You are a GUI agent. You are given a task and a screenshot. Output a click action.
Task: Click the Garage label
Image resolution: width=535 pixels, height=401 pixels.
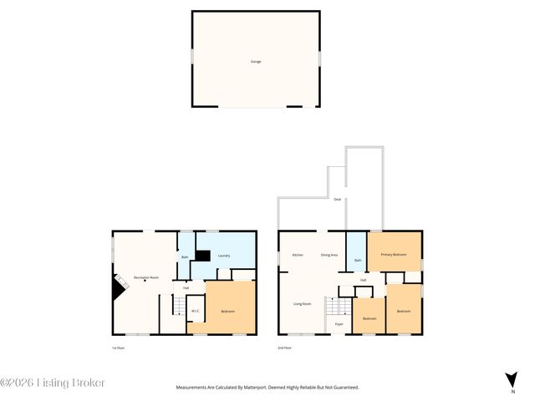pyautogui.click(x=255, y=61)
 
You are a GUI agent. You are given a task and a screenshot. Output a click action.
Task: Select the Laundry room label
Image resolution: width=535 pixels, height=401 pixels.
pyautogui.click(x=224, y=256)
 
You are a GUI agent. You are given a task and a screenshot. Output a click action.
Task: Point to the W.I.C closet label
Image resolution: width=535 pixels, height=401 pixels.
pyautogui.click(x=194, y=312)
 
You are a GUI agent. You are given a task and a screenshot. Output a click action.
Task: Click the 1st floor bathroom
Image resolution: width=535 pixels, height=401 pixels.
pyautogui.click(x=185, y=256)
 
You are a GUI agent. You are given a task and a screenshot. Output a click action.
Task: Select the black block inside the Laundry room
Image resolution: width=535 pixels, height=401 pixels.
pyautogui.click(x=201, y=256)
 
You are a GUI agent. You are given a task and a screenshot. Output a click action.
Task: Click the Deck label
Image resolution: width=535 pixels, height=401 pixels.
pyautogui.click(x=337, y=200)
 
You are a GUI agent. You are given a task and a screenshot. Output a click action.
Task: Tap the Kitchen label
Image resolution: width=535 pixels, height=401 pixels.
pyautogui.click(x=297, y=254)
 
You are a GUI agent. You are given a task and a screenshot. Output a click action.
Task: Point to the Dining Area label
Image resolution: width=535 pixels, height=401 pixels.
pyautogui.click(x=329, y=254)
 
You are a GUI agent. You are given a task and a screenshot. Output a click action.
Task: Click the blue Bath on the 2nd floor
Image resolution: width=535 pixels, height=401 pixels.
pyautogui.click(x=357, y=260)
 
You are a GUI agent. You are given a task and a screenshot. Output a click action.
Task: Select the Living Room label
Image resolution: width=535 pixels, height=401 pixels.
pyautogui.click(x=302, y=303)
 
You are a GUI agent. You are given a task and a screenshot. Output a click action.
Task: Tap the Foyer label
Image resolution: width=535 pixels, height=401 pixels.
pyautogui.click(x=339, y=324)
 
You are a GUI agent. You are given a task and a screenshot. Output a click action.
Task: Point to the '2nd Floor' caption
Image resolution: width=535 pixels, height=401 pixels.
pyautogui.click(x=285, y=347)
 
